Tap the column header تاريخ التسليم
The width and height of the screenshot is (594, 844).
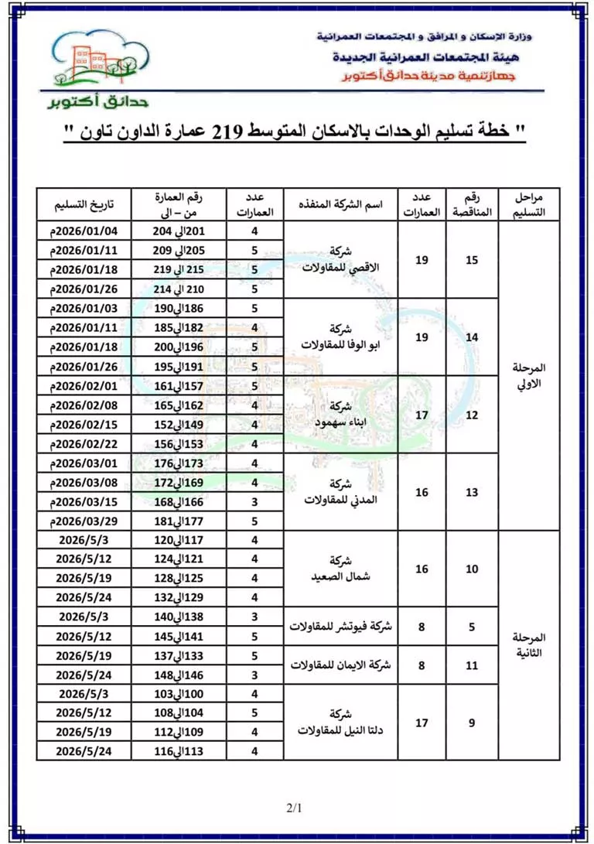(84, 205)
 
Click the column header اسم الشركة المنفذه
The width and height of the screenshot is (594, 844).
(340, 205)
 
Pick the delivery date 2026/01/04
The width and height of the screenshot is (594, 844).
(84, 231)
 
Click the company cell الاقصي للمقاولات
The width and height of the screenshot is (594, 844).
(340, 260)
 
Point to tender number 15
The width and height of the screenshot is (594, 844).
(472, 260)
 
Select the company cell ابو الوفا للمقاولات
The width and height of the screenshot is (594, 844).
(340, 337)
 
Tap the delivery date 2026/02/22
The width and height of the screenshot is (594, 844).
(84, 444)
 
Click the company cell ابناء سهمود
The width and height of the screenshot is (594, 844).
(340, 415)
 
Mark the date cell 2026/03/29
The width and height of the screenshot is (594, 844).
(84, 521)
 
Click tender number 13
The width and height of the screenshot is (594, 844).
(472, 492)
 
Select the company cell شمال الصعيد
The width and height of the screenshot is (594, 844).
(340, 569)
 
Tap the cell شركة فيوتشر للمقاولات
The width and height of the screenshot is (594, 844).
(340, 627)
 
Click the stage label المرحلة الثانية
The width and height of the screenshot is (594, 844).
(530, 645)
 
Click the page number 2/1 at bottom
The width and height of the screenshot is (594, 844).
(294, 808)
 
